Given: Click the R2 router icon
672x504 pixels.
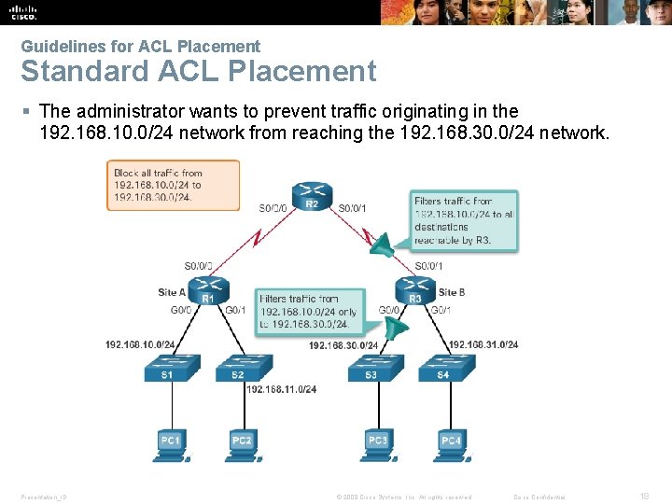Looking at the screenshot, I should pyautogui.click(x=312, y=196).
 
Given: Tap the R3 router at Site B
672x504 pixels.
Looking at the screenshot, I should pyautogui.click(x=414, y=290).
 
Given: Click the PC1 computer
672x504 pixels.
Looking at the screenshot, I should pyautogui.click(x=170, y=441).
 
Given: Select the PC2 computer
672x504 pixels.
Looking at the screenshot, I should pyautogui.click(x=242, y=441).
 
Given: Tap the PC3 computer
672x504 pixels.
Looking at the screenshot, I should pyautogui.click(x=377, y=441).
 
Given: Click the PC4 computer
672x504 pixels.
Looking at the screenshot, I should pyautogui.click(x=450, y=441).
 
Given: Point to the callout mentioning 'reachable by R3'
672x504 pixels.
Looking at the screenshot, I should pyautogui.click(x=464, y=220).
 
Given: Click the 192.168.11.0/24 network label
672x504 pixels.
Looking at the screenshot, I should pyautogui.click(x=282, y=389).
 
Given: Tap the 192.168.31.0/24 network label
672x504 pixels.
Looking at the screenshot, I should pyautogui.click(x=483, y=344).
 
